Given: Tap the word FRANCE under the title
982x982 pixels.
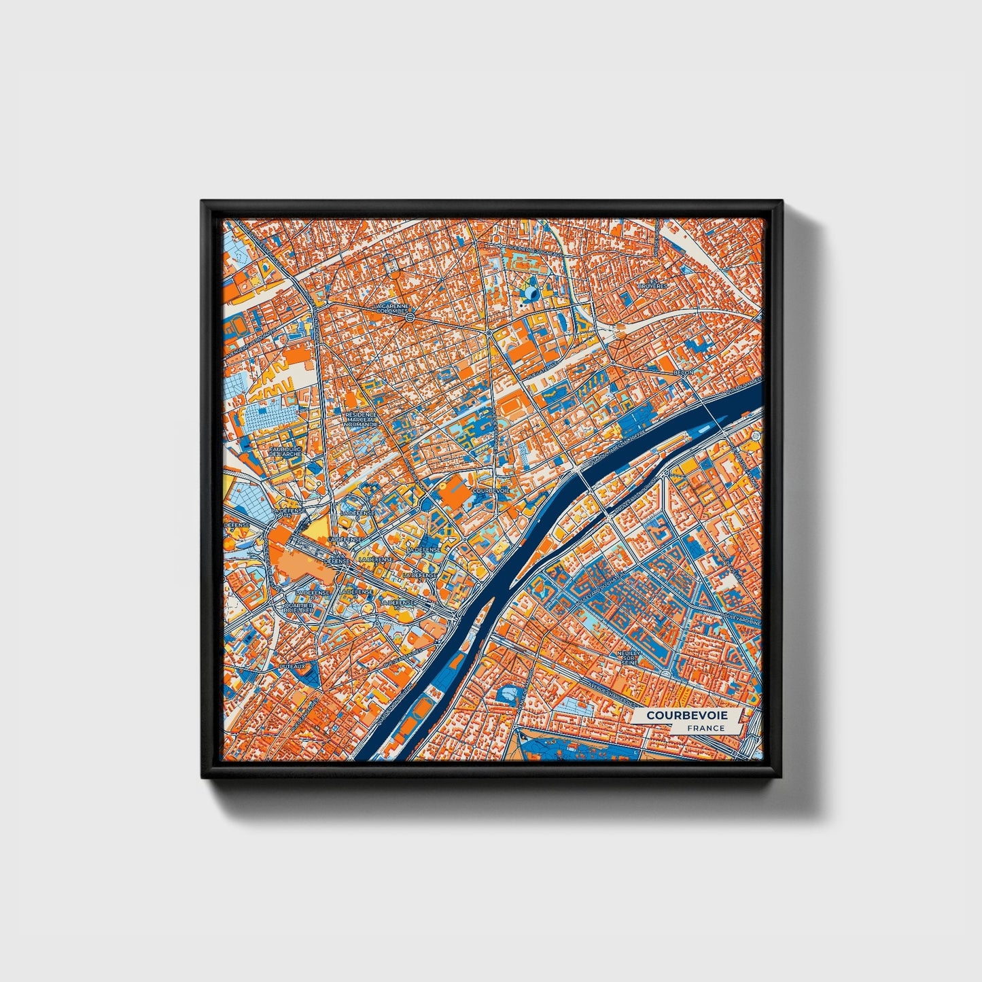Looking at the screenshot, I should (x=705, y=728).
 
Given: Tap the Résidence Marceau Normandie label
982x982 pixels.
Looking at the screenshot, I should (x=361, y=419).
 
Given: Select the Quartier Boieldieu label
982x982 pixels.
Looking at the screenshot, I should (x=299, y=607).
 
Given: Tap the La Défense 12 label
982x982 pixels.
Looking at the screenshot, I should (x=286, y=510).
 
